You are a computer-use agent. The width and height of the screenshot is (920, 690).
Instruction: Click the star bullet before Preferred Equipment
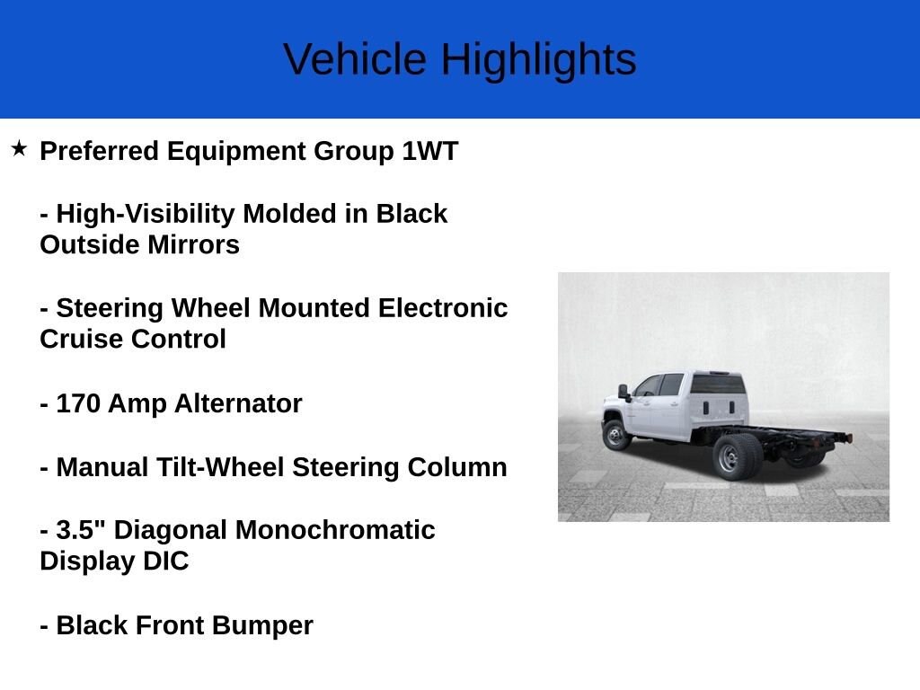[19, 148]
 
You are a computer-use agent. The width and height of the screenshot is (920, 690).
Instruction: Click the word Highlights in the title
[537, 60]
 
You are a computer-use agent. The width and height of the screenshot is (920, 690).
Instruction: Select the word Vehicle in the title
[355, 60]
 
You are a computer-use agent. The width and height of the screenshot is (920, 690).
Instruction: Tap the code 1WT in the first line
[429, 151]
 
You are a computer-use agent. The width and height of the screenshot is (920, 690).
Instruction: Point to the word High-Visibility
[146, 214]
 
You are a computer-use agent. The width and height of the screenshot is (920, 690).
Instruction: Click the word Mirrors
[190, 245]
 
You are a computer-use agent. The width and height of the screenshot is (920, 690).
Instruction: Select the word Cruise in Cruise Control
[82, 340]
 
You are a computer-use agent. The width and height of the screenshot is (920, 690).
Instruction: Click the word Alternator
[242, 404]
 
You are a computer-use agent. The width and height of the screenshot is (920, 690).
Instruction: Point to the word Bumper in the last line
[268, 625]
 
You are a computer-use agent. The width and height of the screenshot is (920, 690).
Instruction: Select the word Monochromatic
[335, 530]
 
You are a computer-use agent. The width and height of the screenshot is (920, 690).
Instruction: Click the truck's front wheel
[616, 435]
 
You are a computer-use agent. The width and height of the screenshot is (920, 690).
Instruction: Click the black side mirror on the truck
[623, 392]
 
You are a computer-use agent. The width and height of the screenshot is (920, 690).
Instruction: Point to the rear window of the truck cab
[716, 385]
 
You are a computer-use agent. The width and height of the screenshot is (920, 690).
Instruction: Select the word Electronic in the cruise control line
[442, 308]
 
